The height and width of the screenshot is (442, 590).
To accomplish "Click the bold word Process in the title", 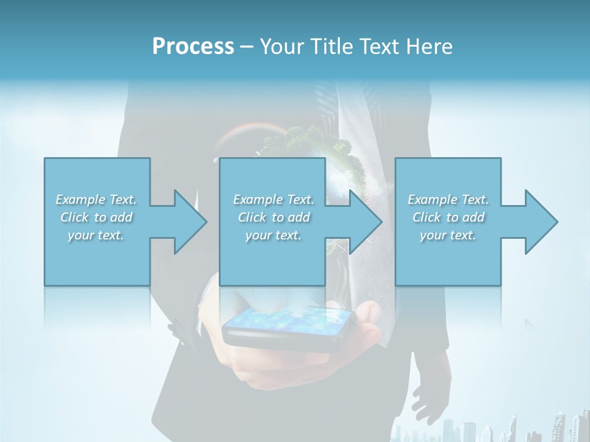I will tap(193, 47).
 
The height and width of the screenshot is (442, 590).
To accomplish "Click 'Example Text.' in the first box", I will tap(96, 200).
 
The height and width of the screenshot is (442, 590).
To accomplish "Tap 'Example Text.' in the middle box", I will tap(273, 200).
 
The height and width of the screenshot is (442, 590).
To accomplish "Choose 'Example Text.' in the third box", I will tap(448, 200).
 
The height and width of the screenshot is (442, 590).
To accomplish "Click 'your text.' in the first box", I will tap(96, 235).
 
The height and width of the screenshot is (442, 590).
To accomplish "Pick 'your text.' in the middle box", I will tap(273, 235).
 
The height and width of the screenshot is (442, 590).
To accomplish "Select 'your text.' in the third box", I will tap(448, 235).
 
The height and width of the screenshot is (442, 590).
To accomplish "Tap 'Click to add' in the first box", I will tap(96, 217).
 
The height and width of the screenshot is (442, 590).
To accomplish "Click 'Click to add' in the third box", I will tap(448, 217).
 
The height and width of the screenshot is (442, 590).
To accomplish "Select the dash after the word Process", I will tap(247, 47).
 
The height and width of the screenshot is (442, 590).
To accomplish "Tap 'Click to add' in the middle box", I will tap(273, 217).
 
